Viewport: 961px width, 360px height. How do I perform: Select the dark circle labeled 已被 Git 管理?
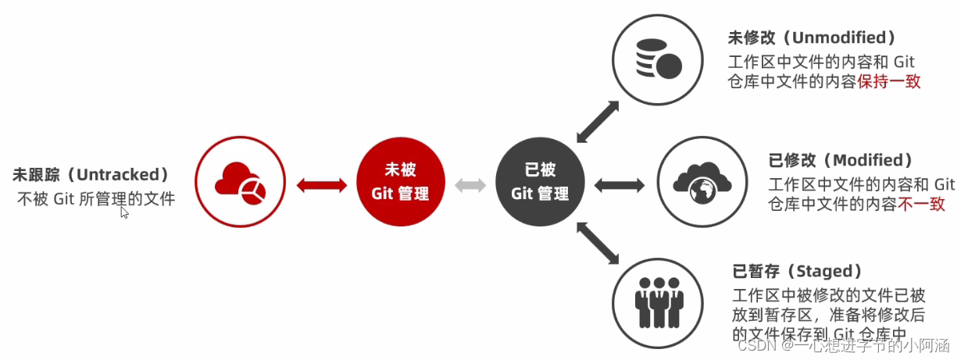(x=540, y=184)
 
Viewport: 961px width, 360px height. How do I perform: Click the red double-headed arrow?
(x=322, y=184)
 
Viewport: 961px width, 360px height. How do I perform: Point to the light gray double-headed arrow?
(x=470, y=185)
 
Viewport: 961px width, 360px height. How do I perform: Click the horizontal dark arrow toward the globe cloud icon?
(x=620, y=185)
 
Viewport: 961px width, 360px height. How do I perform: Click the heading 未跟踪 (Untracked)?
(x=91, y=174)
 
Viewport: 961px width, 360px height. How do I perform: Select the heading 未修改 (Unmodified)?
(x=811, y=37)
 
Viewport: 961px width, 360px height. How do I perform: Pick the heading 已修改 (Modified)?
(x=840, y=160)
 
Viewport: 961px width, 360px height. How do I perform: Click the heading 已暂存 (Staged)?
(x=797, y=271)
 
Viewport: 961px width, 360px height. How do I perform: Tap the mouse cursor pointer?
(x=124, y=212)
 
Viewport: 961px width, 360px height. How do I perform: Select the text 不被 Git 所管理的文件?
(x=96, y=199)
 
